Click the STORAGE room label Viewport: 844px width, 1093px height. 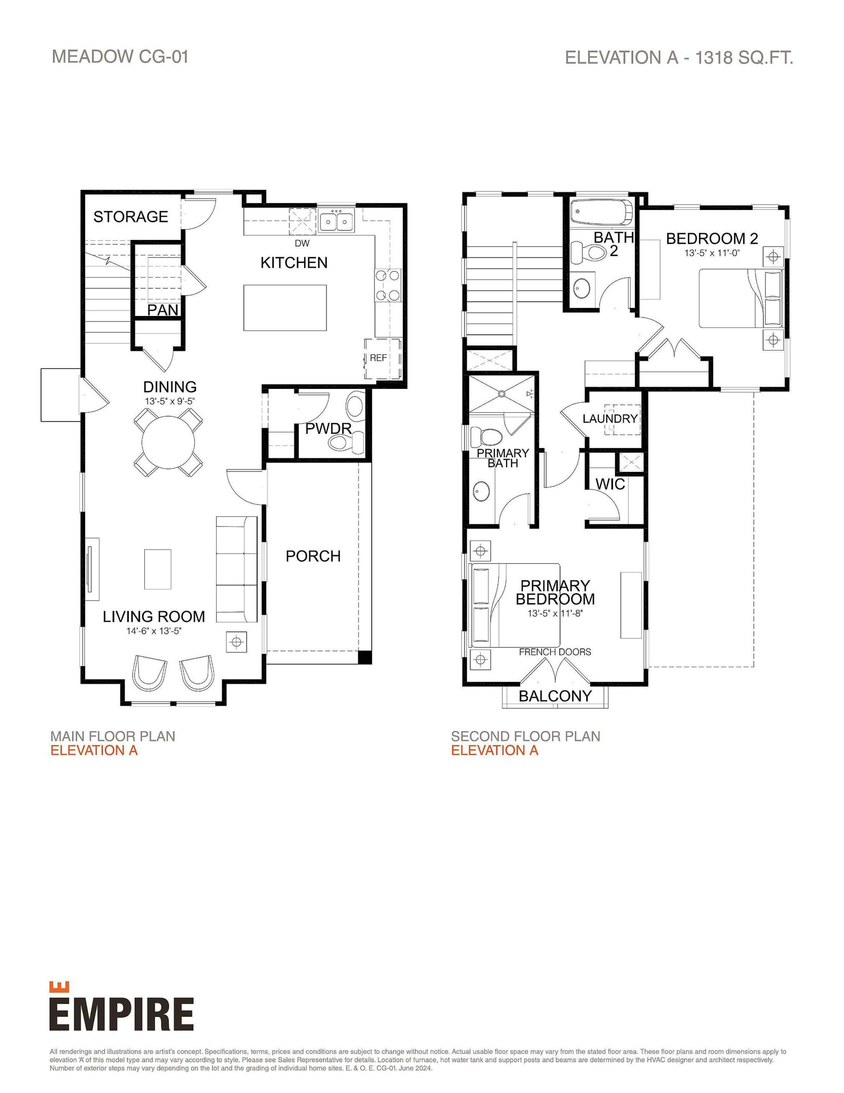pos(131,217)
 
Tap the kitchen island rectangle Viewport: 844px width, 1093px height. pos(285,307)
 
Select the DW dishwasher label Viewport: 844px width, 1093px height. pos(302,244)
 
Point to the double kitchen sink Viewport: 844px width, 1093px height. pos(337,221)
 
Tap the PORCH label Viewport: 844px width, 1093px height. pos(313,556)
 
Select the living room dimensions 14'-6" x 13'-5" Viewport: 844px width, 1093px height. pos(154,631)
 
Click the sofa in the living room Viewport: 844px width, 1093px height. pos(237,569)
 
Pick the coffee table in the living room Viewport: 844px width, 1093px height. pos(157,569)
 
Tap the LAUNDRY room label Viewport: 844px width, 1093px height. pos(610,418)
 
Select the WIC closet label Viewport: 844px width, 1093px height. pos(610,484)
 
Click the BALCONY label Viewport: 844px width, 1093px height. pos(555,696)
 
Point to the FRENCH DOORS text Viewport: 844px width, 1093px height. pos(555,652)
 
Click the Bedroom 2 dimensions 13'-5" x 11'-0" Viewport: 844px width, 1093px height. pos(711,253)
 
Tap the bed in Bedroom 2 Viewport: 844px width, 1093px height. pos(739,298)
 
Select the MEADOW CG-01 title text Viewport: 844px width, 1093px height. pos(120,56)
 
